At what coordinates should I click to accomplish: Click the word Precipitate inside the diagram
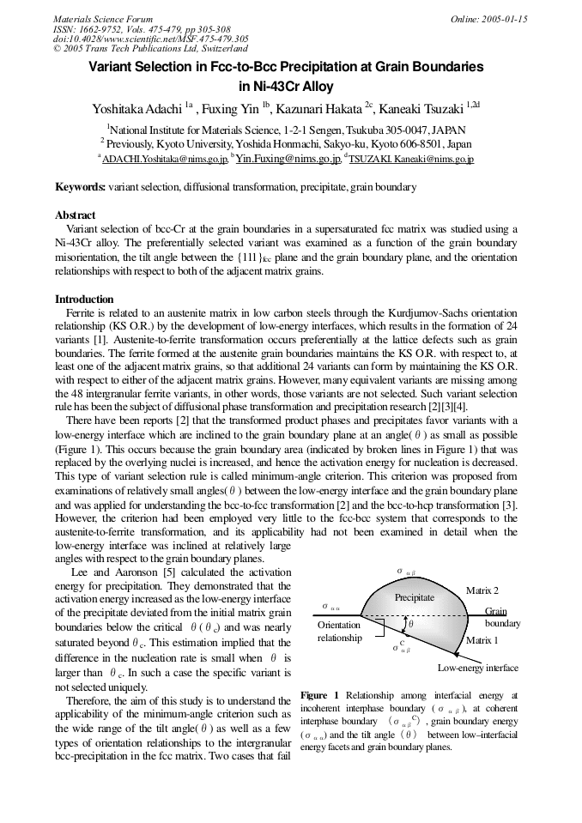(x=415, y=597)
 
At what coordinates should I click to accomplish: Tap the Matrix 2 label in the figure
(x=482, y=590)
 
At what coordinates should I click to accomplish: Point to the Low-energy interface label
(x=477, y=667)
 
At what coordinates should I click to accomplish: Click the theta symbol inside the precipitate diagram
(x=411, y=625)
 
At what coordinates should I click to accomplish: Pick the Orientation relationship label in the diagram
(x=339, y=632)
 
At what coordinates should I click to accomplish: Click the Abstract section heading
(x=76, y=215)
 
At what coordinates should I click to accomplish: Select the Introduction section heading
(x=84, y=299)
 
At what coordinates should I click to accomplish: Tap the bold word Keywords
(x=81, y=186)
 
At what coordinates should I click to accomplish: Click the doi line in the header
(x=151, y=39)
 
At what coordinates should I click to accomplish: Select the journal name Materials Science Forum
(x=103, y=19)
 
